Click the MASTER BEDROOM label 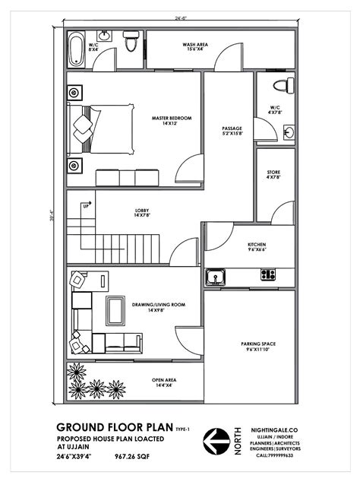tap(171, 120)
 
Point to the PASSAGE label tap(232, 131)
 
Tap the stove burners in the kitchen tap(267, 275)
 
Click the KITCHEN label tap(257, 247)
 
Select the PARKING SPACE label tap(258, 346)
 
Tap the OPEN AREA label tap(164, 382)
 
